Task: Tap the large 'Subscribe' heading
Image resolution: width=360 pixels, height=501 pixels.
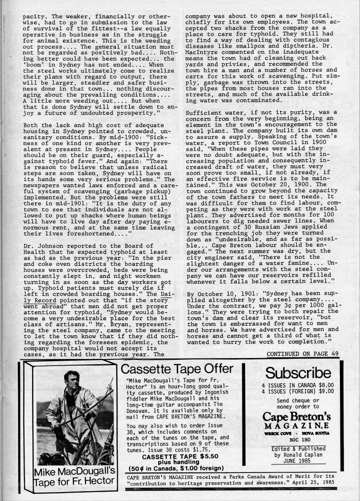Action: click(298, 373)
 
